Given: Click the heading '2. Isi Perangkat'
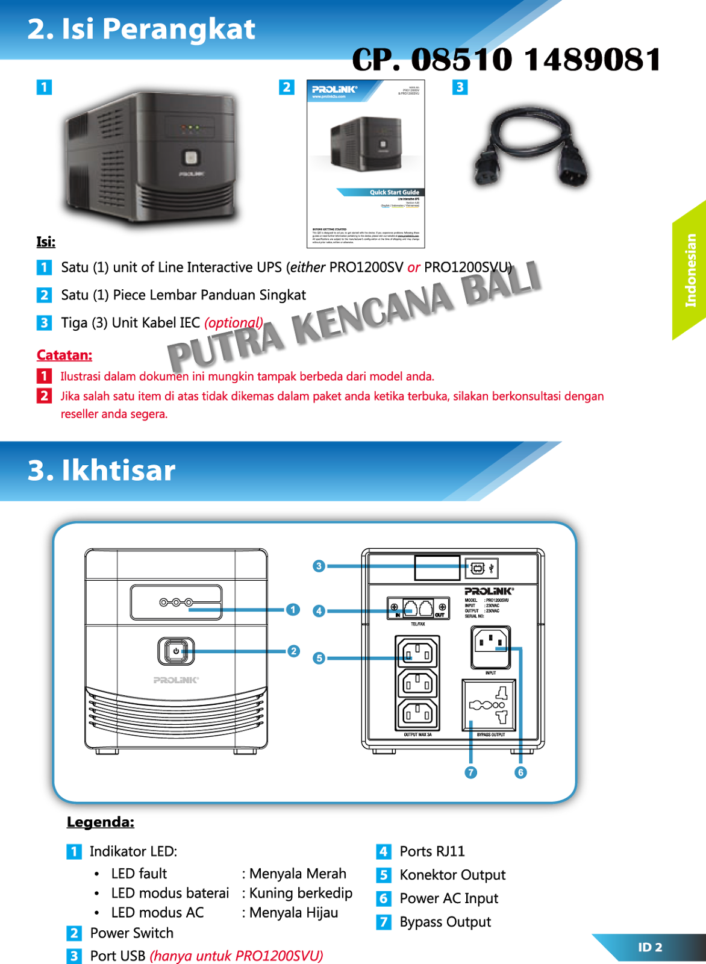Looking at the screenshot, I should pyautogui.click(x=142, y=29).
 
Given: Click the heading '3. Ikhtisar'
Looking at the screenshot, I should pyautogui.click(x=101, y=471).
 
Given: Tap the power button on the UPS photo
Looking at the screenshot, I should pyautogui.click(x=190, y=158).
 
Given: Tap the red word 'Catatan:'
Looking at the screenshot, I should pyautogui.click(x=64, y=355).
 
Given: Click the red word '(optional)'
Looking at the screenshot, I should pyautogui.click(x=234, y=323).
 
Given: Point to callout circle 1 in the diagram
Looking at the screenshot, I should pyautogui.click(x=293, y=610).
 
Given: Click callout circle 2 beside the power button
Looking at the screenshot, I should pyautogui.click(x=293, y=651).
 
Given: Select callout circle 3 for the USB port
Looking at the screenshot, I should pyautogui.click(x=319, y=566).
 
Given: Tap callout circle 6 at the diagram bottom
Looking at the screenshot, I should pyautogui.click(x=520, y=772).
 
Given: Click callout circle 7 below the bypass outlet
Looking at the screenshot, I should pyautogui.click(x=471, y=772).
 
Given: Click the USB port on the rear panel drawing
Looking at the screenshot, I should pyautogui.click(x=478, y=568).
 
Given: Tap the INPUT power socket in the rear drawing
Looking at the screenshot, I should pyautogui.click(x=490, y=646).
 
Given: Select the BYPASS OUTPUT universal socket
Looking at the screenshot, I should pyautogui.click(x=489, y=705).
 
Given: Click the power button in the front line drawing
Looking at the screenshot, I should pyautogui.click(x=176, y=651).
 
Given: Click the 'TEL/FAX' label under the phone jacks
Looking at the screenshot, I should pyautogui.click(x=417, y=624).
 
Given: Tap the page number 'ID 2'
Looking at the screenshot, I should pyautogui.click(x=650, y=947).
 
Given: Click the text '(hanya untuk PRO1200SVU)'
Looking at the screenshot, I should pyautogui.click(x=236, y=956).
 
